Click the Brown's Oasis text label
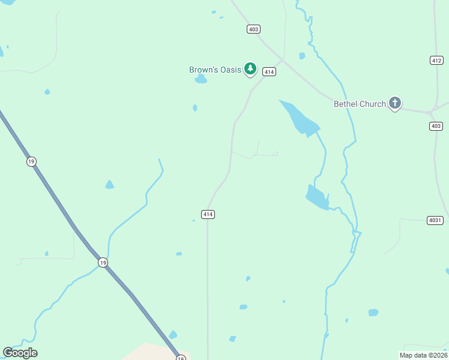point(215,70)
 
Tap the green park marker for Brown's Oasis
point(250,70)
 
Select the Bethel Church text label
point(360,104)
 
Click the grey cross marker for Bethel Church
point(394,103)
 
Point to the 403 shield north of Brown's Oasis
point(253,29)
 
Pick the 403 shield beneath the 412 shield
point(436,126)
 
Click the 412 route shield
point(436,60)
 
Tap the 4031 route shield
point(435,220)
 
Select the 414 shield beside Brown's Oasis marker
point(269,72)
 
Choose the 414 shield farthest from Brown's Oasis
point(208,214)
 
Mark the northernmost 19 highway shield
point(31,161)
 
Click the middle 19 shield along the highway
point(103,262)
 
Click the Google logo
point(20,353)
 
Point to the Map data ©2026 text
point(423,355)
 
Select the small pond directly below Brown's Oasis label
point(200,80)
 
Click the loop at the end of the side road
point(276,154)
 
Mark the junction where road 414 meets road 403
point(283,59)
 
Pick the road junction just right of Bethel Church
point(431,112)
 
